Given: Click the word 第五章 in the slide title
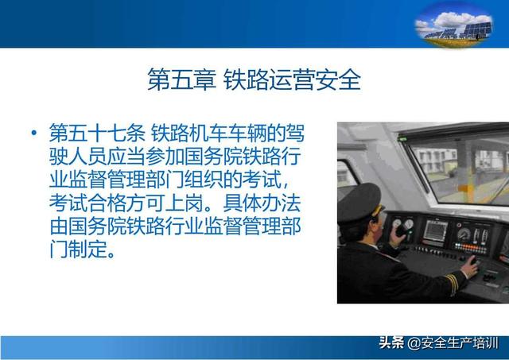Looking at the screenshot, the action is tap(181, 79).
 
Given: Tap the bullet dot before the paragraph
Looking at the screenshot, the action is tap(33, 133).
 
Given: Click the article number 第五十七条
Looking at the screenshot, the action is tap(97, 133).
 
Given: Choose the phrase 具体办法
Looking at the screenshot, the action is tap(262, 203).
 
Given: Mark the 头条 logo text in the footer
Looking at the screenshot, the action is tap(391, 343).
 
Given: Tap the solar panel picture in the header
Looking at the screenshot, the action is tap(454, 25).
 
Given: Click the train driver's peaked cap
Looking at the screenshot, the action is tap(360, 202).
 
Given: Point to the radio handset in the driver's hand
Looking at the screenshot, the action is tap(401, 230).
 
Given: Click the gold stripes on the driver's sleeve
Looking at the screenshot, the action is tap(452, 282).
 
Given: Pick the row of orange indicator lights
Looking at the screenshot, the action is tap(470, 247).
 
